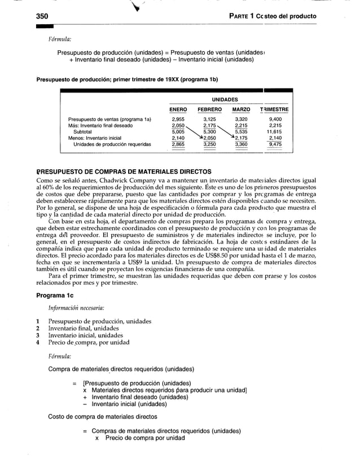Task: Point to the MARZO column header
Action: pyautogui.click(x=242, y=109)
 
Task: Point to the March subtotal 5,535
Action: pyautogui.click(x=242, y=132)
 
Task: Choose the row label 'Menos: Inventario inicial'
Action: pyautogui.click(x=95, y=138)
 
